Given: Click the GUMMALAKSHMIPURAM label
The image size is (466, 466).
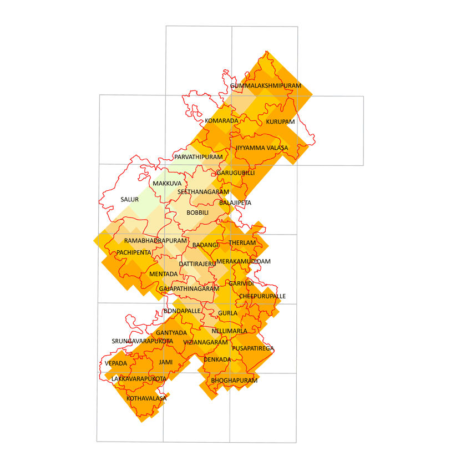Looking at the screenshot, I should tap(266, 86).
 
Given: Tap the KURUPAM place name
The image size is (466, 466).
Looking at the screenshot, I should tap(280, 121).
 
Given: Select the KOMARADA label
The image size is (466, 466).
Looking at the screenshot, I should tap(221, 121).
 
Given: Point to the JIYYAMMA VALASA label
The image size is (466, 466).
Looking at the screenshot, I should tap(262, 148).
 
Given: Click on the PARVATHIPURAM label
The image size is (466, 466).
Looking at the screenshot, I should tap(198, 158).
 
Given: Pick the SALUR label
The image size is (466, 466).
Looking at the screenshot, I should tap(129, 199).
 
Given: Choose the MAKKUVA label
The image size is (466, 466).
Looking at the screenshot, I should tap(167, 184).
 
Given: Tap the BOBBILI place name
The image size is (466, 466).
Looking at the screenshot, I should tap(197, 213).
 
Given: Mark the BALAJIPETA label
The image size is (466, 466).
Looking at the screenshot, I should tap(235, 203).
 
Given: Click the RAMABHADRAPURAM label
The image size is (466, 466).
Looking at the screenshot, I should tap(156, 241).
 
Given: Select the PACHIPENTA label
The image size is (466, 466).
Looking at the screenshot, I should tap(134, 252).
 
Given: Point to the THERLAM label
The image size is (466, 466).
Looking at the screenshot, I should tap(242, 243).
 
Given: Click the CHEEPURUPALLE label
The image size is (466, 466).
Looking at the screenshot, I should tap(262, 296).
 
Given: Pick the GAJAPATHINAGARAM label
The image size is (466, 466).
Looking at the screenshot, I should tap(189, 289).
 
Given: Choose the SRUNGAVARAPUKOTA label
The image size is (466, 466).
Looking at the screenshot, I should tap(143, 341).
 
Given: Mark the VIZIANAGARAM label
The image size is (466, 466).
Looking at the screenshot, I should tap(206, 343).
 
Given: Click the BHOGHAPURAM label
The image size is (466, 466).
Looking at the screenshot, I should tap(234, 381).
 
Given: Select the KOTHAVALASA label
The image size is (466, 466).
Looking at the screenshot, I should tap(146, 398).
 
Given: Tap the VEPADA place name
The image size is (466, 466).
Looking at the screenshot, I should tap(116, 363).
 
